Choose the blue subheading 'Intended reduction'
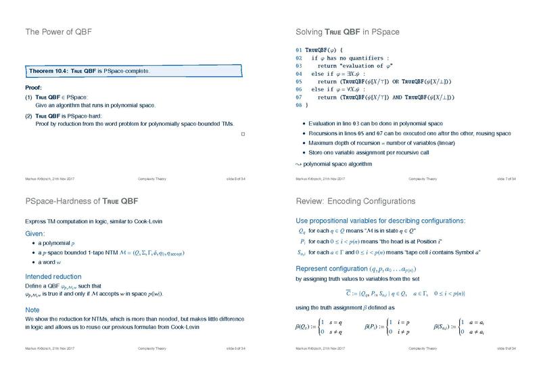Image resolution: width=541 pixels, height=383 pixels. coord(53,277)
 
